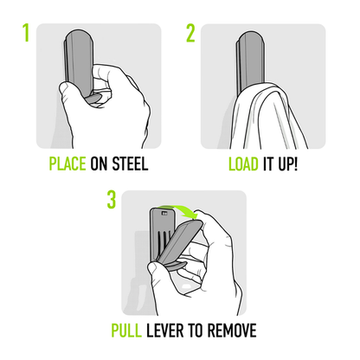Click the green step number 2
click(x=191, y=34)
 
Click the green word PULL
click(x=131, y=331)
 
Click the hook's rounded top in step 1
click(x=75, y=39)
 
